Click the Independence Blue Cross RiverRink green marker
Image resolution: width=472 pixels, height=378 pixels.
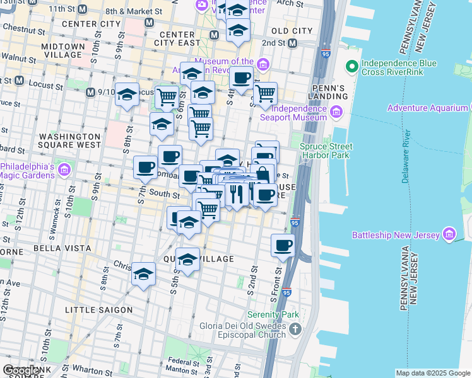click(x=351, y=66)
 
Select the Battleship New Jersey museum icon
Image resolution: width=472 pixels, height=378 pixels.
click(x=449, y=235)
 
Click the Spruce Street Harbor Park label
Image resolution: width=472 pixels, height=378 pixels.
click(x=325, y=151)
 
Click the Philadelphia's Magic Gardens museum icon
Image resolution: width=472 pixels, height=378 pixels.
click(x=64, y=170)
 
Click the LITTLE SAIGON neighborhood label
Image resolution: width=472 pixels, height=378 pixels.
click(x=99, y=310)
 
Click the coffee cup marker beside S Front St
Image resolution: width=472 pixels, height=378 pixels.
click(x=283, y=244)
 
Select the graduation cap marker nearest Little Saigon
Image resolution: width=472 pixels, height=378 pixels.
click(x=144, y=275)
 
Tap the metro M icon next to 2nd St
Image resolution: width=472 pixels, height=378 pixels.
click(x=292, y=43)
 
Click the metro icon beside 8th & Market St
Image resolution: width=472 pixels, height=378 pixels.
click(x=149, y=22)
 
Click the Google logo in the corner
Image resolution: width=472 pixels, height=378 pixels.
click(x=20, y=370)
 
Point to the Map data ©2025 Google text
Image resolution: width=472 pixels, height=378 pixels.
click(x=432, y=373)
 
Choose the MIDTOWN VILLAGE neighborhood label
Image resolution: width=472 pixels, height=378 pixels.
click(x=62, y=50)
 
